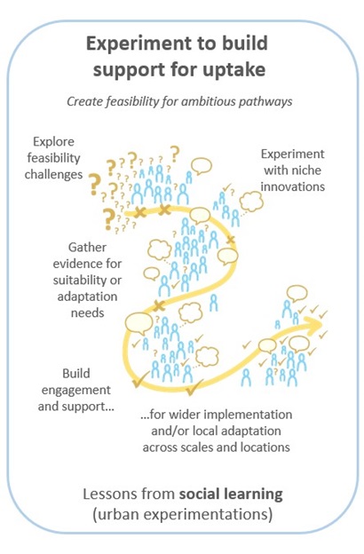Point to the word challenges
pos(54,174)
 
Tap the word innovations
pos(293,186)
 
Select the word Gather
pos(87,247)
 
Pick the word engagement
pos(76,391)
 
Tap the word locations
pos(265,447)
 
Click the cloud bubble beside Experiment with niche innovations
pos(251,202)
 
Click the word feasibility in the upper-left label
pos(54,158)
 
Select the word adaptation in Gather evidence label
pos(87,297)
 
